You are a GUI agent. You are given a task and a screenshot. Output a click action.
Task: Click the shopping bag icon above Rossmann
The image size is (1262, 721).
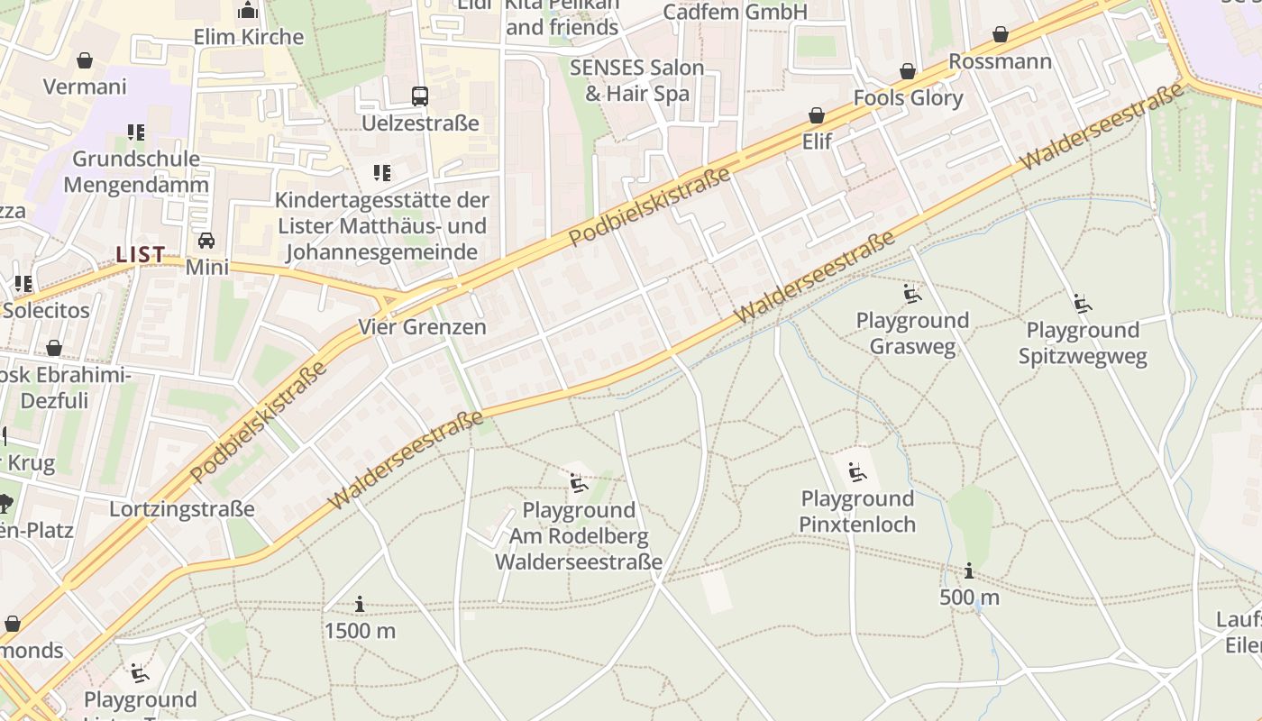tap(1001, 35)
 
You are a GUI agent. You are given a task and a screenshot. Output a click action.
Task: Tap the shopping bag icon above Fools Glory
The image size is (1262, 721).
tap(908, 71)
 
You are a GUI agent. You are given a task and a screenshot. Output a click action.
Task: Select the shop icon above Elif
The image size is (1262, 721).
tap(817, 115)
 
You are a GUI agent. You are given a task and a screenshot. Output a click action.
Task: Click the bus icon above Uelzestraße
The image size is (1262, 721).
tap(420, 96)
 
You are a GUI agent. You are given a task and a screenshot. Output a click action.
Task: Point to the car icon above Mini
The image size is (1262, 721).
tap(206, 241)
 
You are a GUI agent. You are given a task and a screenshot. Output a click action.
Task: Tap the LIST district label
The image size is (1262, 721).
tap(141, 255)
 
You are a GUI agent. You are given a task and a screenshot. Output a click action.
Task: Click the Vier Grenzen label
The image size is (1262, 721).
tap(422, 326)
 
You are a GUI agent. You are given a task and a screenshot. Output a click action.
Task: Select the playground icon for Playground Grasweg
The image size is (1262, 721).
tap(912, 294)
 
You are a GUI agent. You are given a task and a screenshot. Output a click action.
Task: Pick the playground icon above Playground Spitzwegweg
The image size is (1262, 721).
tap(1083, 304)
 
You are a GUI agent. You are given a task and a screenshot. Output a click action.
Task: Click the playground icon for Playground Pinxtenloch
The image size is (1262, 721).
tap(857, 472)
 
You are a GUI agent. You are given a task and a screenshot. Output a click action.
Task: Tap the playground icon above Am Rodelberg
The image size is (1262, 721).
tap(579, 484)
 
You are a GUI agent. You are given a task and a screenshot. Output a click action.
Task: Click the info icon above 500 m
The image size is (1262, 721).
tap(969, 570)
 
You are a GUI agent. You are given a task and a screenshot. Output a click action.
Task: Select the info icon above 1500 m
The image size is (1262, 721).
tap(360, 604)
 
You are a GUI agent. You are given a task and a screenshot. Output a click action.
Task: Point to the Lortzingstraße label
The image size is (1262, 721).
tap(182, 509)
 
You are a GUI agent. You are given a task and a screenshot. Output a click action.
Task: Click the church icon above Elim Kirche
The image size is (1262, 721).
tap(248, 11)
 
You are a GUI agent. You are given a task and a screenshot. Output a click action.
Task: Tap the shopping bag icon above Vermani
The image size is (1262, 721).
tap(85, 60)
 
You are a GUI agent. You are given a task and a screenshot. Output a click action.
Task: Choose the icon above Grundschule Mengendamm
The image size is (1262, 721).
tap(136, 132)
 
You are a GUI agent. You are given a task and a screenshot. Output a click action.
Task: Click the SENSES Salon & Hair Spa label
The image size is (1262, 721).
tap(637, 80)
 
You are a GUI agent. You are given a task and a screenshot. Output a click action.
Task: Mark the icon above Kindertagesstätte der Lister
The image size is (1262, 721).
tap(382, 173)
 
